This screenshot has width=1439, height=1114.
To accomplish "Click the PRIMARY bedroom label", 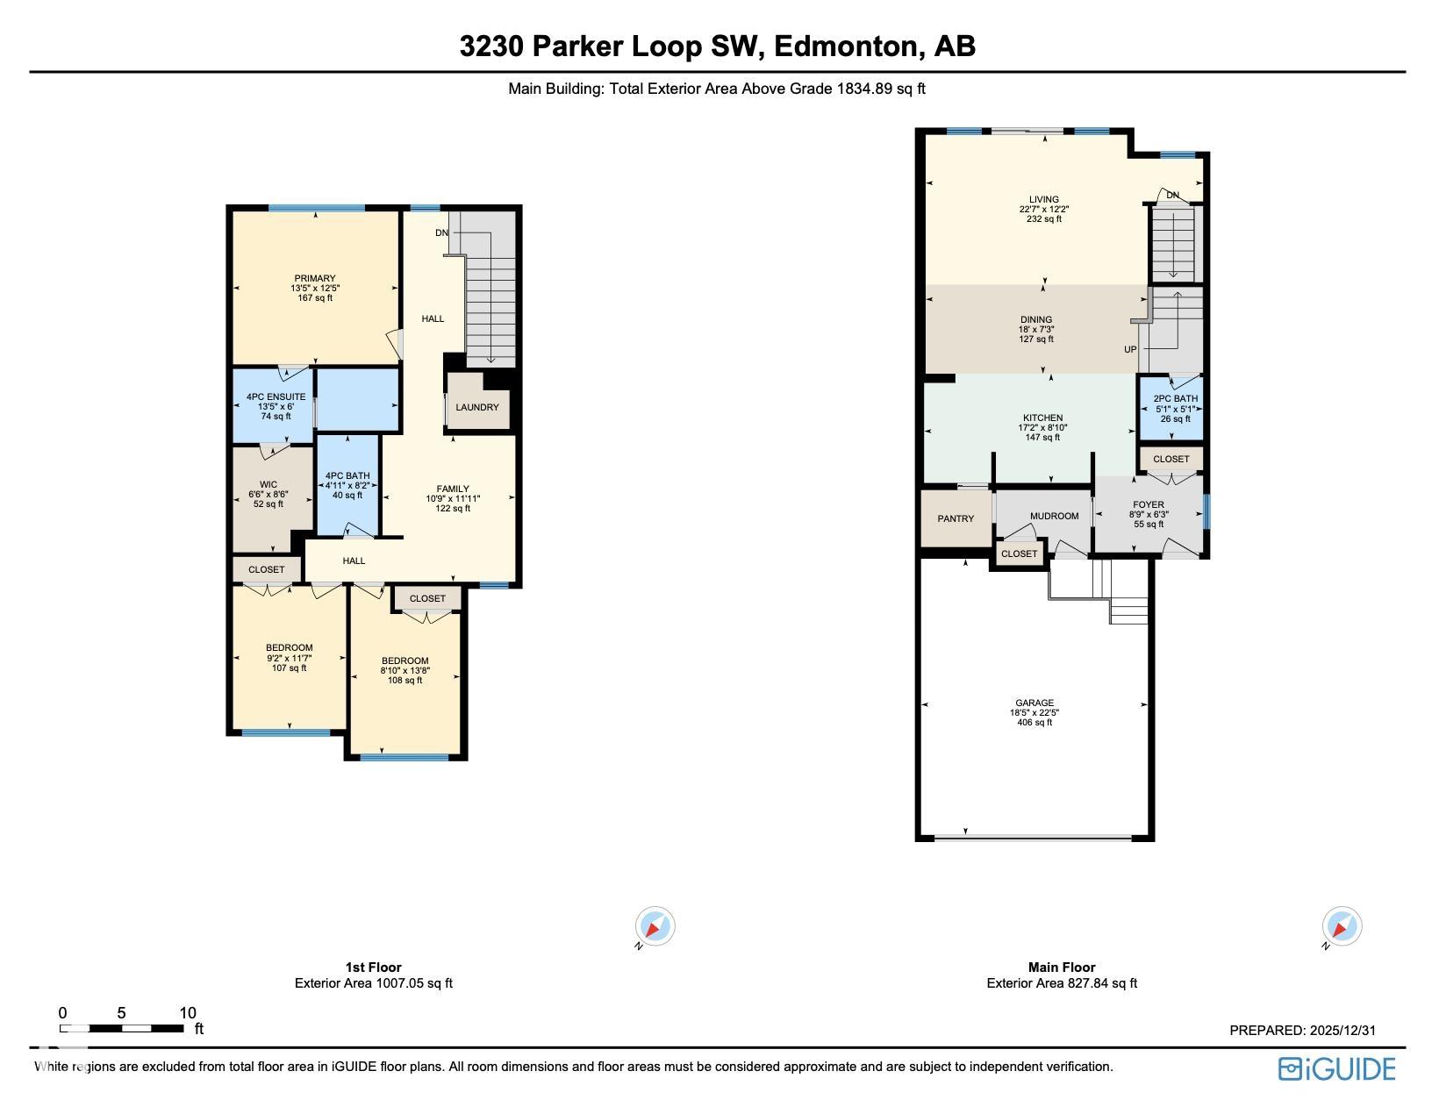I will tap(314, 279).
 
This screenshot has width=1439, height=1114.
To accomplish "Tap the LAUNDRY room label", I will tap(477, 407).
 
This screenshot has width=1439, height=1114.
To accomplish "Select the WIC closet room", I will tap(269, 494).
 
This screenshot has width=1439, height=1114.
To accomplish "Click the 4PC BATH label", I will tap(347, 475).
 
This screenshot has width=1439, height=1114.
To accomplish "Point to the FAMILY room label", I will tap(453, 489).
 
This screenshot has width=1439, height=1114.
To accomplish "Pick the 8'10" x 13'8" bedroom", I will tap(404, 670).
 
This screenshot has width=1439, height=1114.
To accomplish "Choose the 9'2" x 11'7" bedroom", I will tap(289, 657).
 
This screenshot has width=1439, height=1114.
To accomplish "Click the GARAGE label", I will tap(1035, 703).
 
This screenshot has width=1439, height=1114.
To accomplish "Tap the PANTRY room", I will tap(956, 518).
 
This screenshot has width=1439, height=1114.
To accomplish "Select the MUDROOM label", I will tap(1054, 516).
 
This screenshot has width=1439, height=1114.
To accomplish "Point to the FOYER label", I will tap(1148, 505).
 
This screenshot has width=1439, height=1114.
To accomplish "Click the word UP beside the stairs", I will tap(1130, 349).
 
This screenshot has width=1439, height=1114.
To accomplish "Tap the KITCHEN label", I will tap(1042, 418).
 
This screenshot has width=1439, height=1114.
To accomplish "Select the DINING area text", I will tap(1036, 320).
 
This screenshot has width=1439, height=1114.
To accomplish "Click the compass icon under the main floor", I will tap(1342, 926).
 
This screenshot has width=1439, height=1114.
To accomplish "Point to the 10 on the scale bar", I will tap(188, 1013).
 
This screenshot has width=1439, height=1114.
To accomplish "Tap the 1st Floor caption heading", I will tap(373, 967).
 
